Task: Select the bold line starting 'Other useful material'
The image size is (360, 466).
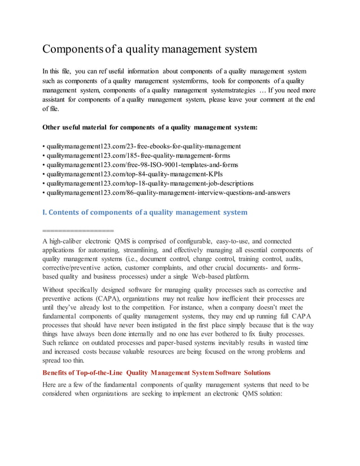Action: pos(150,128)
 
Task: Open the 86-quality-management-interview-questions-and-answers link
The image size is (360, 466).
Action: pos(168,192)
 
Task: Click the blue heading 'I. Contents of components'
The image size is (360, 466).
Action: pos(145,213)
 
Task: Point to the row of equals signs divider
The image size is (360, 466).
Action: pos(78,230)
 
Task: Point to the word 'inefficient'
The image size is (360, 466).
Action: pos(245,298)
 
